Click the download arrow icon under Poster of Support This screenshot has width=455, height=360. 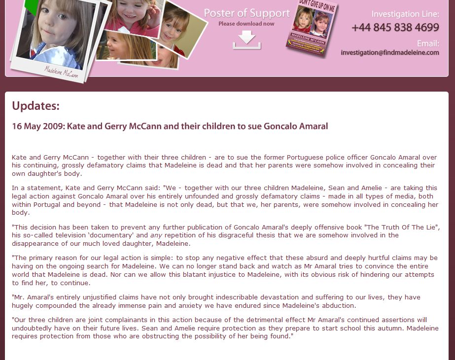pyautogui.click(x=246, y=40)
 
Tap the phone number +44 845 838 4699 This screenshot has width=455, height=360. pyautogui.click(x=395, y=27)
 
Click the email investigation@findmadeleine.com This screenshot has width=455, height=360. pyautogui.click(x=389, y=53)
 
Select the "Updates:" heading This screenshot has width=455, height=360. pyautogui.click(x=35, y=106)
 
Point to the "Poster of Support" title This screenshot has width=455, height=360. pyautogui.click(x=246, y=13)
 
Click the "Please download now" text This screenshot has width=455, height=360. pyautogui.click(x=246, y=24)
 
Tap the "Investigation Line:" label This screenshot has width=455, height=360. pyautogui.click(x=405, y=14)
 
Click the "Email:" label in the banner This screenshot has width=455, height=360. pyautogui.click(x=427, y=43)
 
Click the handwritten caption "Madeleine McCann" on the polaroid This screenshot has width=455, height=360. pyautogui.click(x=61, y=72)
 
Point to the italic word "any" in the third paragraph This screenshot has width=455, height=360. pyautogui.click(x=156, y=235)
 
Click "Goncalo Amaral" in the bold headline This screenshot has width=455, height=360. pyautogui.click(x=296, y=126)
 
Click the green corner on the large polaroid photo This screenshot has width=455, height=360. pyautogui.click(x=31, y=6)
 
